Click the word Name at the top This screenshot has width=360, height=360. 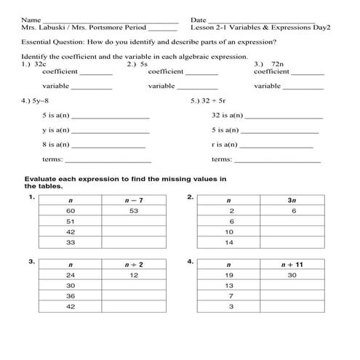click(x=30, y=20)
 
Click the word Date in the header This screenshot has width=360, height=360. click(x=198, y=20)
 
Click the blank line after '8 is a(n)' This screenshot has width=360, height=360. click(x=110, y=145)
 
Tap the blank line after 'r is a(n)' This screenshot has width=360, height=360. click(x=276, y=145)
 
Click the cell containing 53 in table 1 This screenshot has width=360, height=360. click(x=134, y=211)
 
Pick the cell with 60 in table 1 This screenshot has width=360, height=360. click(x=71, y=211)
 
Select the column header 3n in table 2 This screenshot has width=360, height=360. click(x=292, y=200)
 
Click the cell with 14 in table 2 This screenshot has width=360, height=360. click(x=230, y=242)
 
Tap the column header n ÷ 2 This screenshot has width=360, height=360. click(x=134, y=265)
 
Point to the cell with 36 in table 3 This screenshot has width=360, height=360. click(x=71, y=297)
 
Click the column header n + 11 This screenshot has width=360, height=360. click(x=292, y=265)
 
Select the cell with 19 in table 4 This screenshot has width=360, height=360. click(x=230, y=276)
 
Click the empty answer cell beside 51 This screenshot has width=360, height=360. click(x=134, y=221)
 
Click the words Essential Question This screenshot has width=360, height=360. click(x=47, y=43)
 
